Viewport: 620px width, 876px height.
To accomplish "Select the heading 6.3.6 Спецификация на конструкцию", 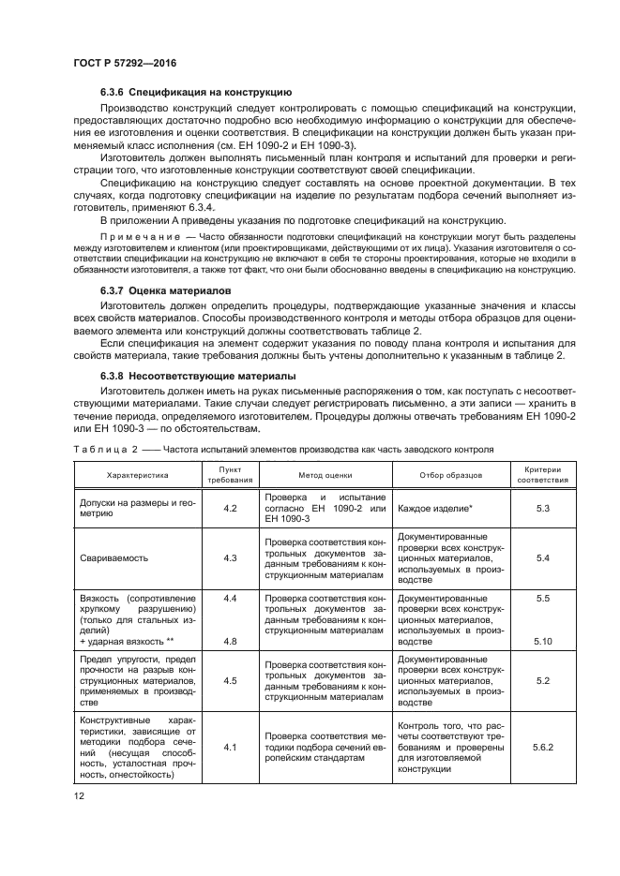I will (196, 94).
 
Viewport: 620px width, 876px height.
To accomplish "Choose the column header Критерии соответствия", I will (542, 475).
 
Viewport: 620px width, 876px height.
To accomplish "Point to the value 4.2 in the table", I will (230, 508).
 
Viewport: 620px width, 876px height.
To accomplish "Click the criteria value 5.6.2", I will (542, 748).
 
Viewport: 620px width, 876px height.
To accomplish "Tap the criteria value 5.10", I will (542, 643).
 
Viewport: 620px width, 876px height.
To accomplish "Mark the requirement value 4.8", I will (230, 643).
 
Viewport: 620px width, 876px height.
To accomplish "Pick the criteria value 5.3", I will (542, 508).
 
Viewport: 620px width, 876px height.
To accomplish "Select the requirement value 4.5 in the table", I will (230, 681).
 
